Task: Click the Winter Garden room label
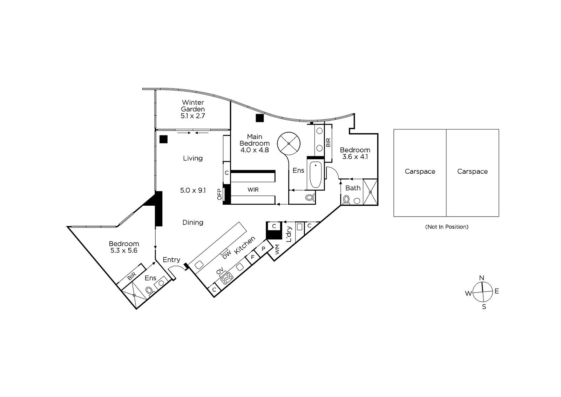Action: pos(193,106)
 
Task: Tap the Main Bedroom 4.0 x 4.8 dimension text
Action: pos(255,150)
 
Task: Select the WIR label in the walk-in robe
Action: pos(253,190)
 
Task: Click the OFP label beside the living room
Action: pos(219,194)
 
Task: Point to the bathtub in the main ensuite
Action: pos(316,175)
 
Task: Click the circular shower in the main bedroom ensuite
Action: pos(289,144)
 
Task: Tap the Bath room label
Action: pos(353,188)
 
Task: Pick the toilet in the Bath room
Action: pos(346,200)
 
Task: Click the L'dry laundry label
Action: pos(289,234)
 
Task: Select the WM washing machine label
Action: pos(277,250)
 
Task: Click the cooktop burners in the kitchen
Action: pos(227,278)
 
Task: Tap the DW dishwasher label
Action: pos(227,255)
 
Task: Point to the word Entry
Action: pos(171,260)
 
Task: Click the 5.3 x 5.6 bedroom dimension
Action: pos(124,250)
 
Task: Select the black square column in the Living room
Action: pos(163,139)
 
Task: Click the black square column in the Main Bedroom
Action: pos(260,118)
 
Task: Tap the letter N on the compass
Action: pos(481,278)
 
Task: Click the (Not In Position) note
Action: pos(447,227)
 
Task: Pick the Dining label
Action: pos(193,223)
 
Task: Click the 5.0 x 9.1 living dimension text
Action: pos(193,190)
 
